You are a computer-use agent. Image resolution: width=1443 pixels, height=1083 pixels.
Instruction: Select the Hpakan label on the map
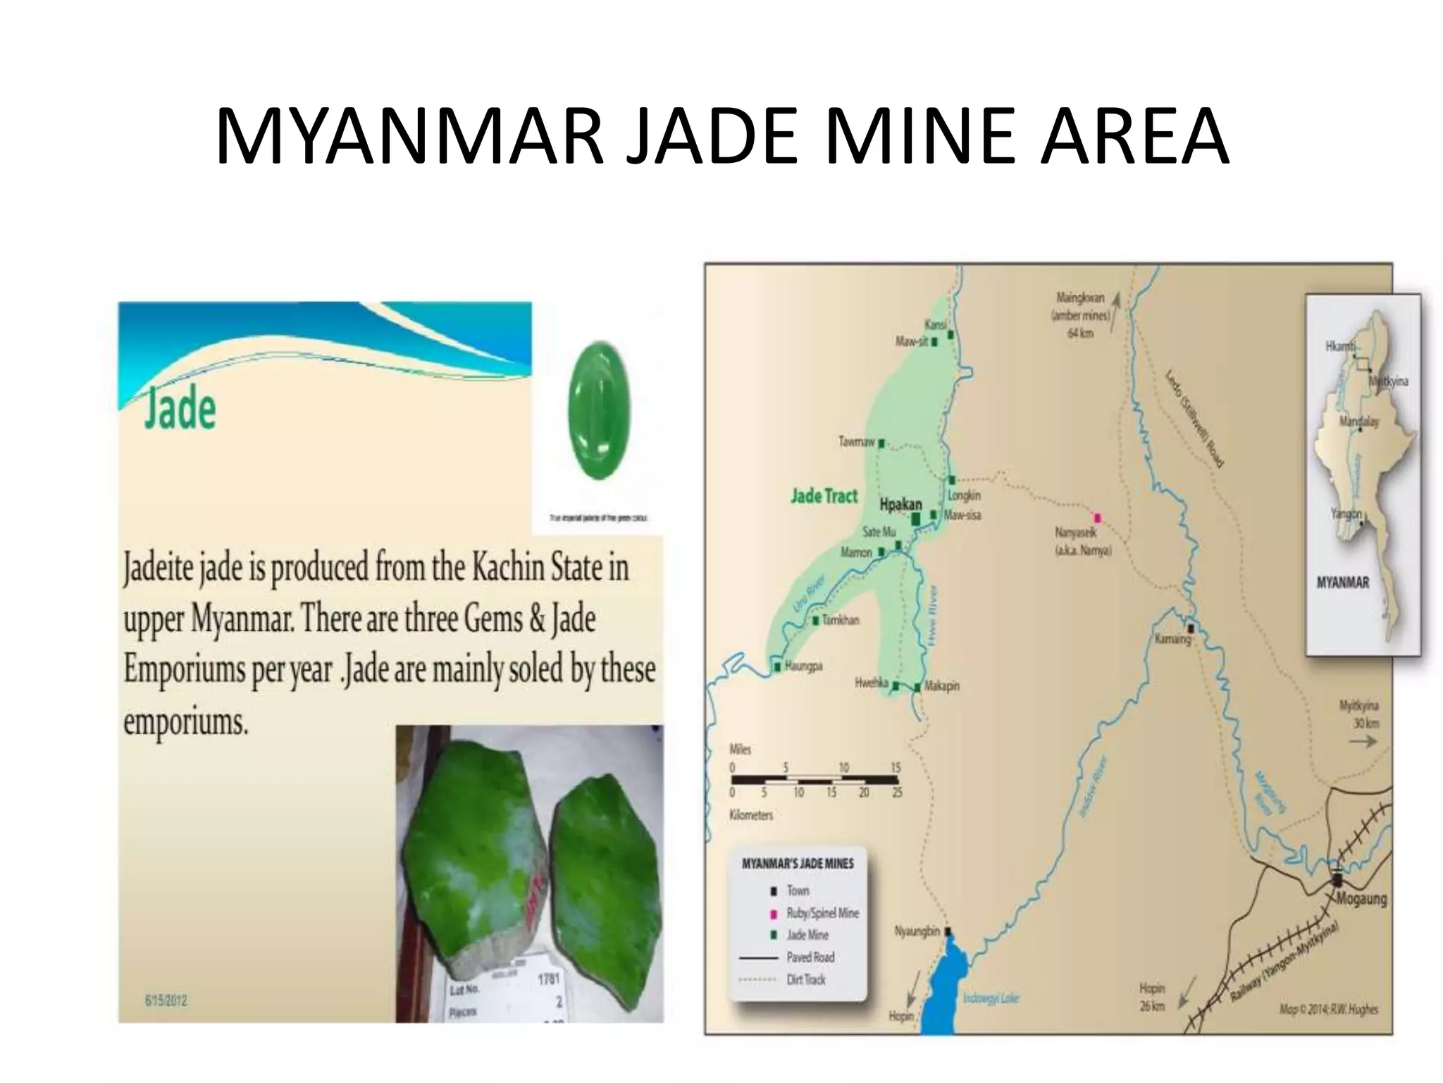tap(900, 505)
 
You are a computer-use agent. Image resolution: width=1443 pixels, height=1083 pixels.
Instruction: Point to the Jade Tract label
tap(824, 496)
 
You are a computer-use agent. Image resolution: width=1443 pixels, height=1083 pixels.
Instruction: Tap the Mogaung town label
tap(1361, 899)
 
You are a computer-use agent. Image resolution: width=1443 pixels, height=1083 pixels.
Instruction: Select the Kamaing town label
tap(1172, 640)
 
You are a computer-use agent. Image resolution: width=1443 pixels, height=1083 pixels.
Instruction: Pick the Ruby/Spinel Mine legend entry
tap(822, 913)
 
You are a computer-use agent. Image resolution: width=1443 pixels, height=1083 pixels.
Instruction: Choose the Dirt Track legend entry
tap(806, 979)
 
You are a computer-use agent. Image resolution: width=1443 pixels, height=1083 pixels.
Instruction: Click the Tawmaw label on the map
tap(857, 442)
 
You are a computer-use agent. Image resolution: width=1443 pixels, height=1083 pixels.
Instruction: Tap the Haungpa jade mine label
tap(803, 666)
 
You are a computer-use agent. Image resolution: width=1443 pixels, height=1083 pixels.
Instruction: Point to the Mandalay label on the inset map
tap(1359, 422)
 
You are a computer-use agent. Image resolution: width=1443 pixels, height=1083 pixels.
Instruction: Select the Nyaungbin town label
tap(917, 931)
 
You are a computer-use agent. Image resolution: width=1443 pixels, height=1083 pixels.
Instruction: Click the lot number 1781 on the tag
tap(548, 979)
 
